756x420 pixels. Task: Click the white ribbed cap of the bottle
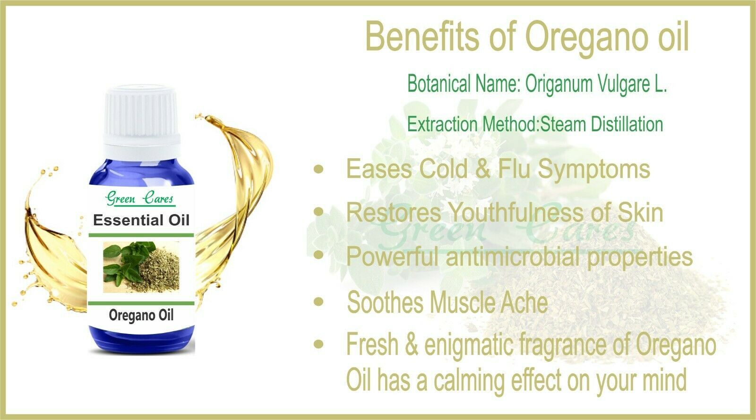coord(141,120)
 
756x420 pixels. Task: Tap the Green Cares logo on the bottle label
coord(140,198)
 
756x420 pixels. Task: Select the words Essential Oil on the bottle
coord(141,220)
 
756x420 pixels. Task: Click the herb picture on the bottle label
coord(141,267)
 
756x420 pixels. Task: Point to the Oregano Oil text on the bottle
coord(141,316)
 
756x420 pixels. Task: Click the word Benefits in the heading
coord(422,36)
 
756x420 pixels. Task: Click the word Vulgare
coord(623,84)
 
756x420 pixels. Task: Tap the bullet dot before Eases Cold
coord(318,169)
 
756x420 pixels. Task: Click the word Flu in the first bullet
coord(515,169)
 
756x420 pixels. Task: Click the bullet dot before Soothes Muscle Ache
coord(318,301)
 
